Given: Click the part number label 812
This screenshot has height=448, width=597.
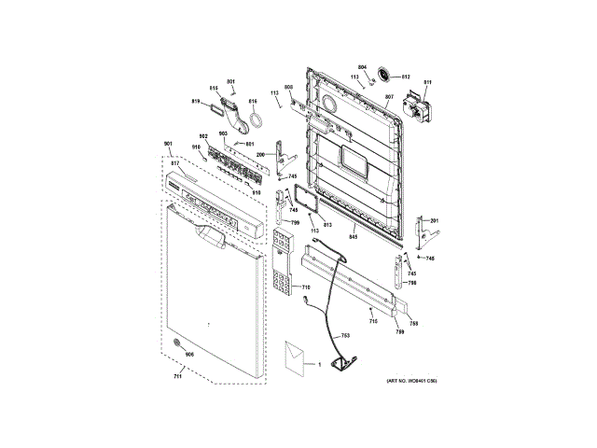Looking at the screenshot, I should (x=407, y=77).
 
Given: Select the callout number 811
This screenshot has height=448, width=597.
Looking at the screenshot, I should (x=428, y=83).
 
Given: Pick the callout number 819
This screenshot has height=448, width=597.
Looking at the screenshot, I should (x=197, y=101).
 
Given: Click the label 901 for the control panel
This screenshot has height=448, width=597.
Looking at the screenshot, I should (x=169, y=143).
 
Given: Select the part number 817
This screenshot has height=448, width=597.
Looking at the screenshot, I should (x=174, y=164).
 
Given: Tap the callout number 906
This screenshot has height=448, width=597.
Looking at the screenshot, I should (x=189, y=355).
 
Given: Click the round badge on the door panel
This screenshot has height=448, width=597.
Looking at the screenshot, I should (x=177, y=347).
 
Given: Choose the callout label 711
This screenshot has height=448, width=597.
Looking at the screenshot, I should (x=178, y=375).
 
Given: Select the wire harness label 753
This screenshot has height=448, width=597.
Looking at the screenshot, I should (x=344, y=334).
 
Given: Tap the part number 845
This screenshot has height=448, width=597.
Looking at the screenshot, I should (x=354, y=236).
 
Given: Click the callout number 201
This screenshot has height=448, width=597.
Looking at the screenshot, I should (x=434, y=220).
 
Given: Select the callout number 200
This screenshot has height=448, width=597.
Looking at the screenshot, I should (x=262, y=154).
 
